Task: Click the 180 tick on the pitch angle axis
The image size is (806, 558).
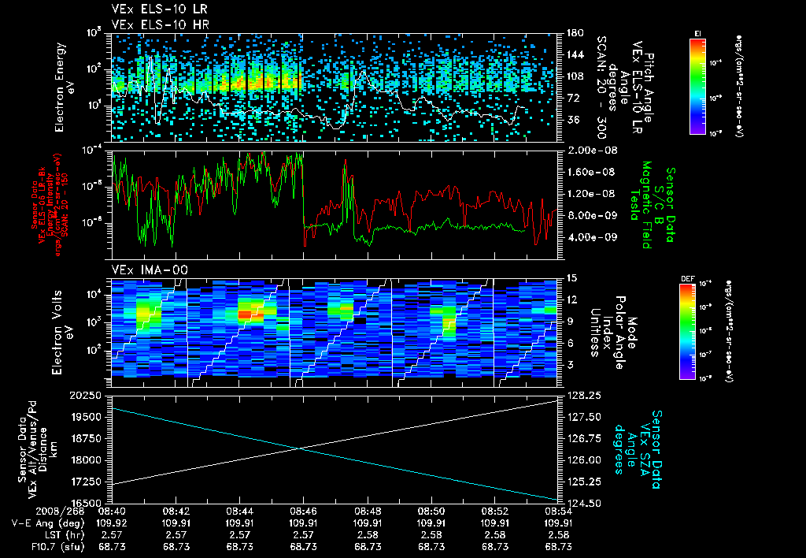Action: tap(572, 33)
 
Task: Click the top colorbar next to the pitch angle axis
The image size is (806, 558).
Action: tap(697, 86)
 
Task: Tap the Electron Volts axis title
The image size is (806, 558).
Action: tap(60, 331)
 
